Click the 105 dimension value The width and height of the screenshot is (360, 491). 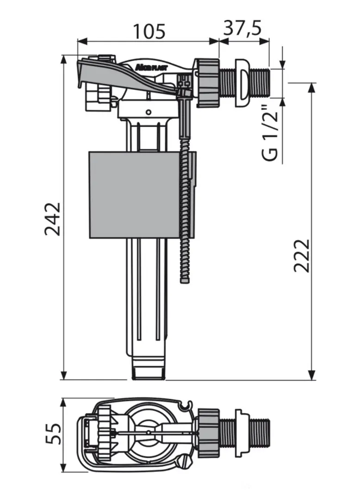[x=149, y=31]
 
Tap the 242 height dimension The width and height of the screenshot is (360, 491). [x=52, y=218]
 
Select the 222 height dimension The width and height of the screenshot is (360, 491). [x=302, y=256]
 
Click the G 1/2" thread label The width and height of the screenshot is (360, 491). [x=270, y=135]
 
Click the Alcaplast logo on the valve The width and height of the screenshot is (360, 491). [x=151, y=67]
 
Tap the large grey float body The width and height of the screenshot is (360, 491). [x=135, y=195]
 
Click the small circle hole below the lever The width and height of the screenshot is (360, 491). [x=149, y=112]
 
